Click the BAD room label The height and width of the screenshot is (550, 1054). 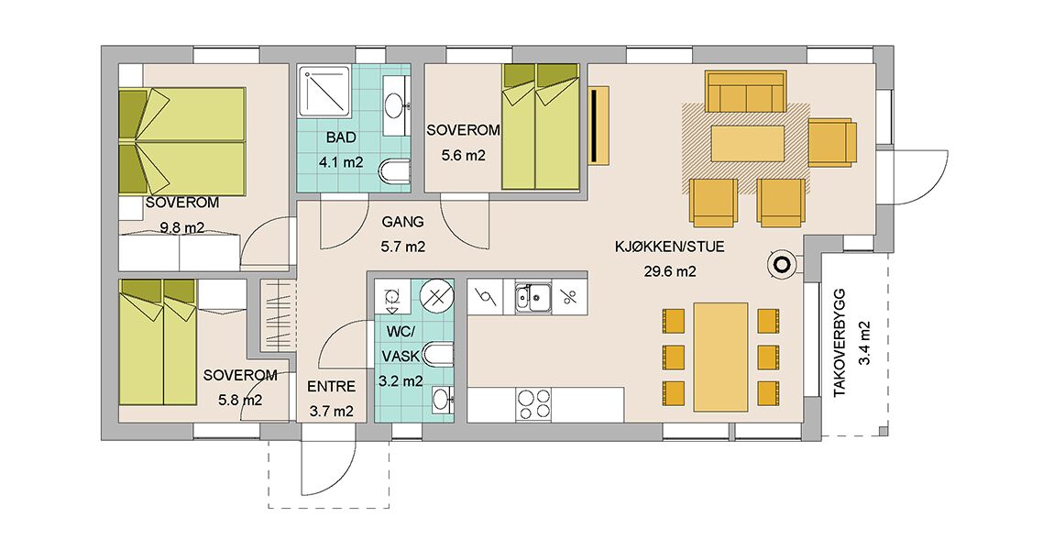point(341,137)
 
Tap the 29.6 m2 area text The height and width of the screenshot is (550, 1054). point(665,271)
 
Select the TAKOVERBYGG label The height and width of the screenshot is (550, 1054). point(840,343)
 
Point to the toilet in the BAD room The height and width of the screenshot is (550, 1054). point(394,171)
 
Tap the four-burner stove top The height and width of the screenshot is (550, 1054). point(533,405)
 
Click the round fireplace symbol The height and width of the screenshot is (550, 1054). point(782,265)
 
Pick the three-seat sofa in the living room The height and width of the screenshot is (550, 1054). point(745,92)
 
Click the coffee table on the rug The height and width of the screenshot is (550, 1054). point(748,143)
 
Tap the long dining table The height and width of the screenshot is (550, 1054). point(720,357)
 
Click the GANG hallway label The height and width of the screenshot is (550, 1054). point(402,222)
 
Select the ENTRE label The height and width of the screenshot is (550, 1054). point(332,387)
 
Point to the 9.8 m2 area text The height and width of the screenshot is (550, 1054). point(182,227)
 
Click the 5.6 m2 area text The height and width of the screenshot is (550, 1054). point(463,155)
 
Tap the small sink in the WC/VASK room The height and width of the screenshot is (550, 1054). point(443,400)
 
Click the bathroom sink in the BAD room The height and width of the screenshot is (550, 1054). point(395,104)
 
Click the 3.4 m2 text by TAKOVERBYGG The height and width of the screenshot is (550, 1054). point(864,343)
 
